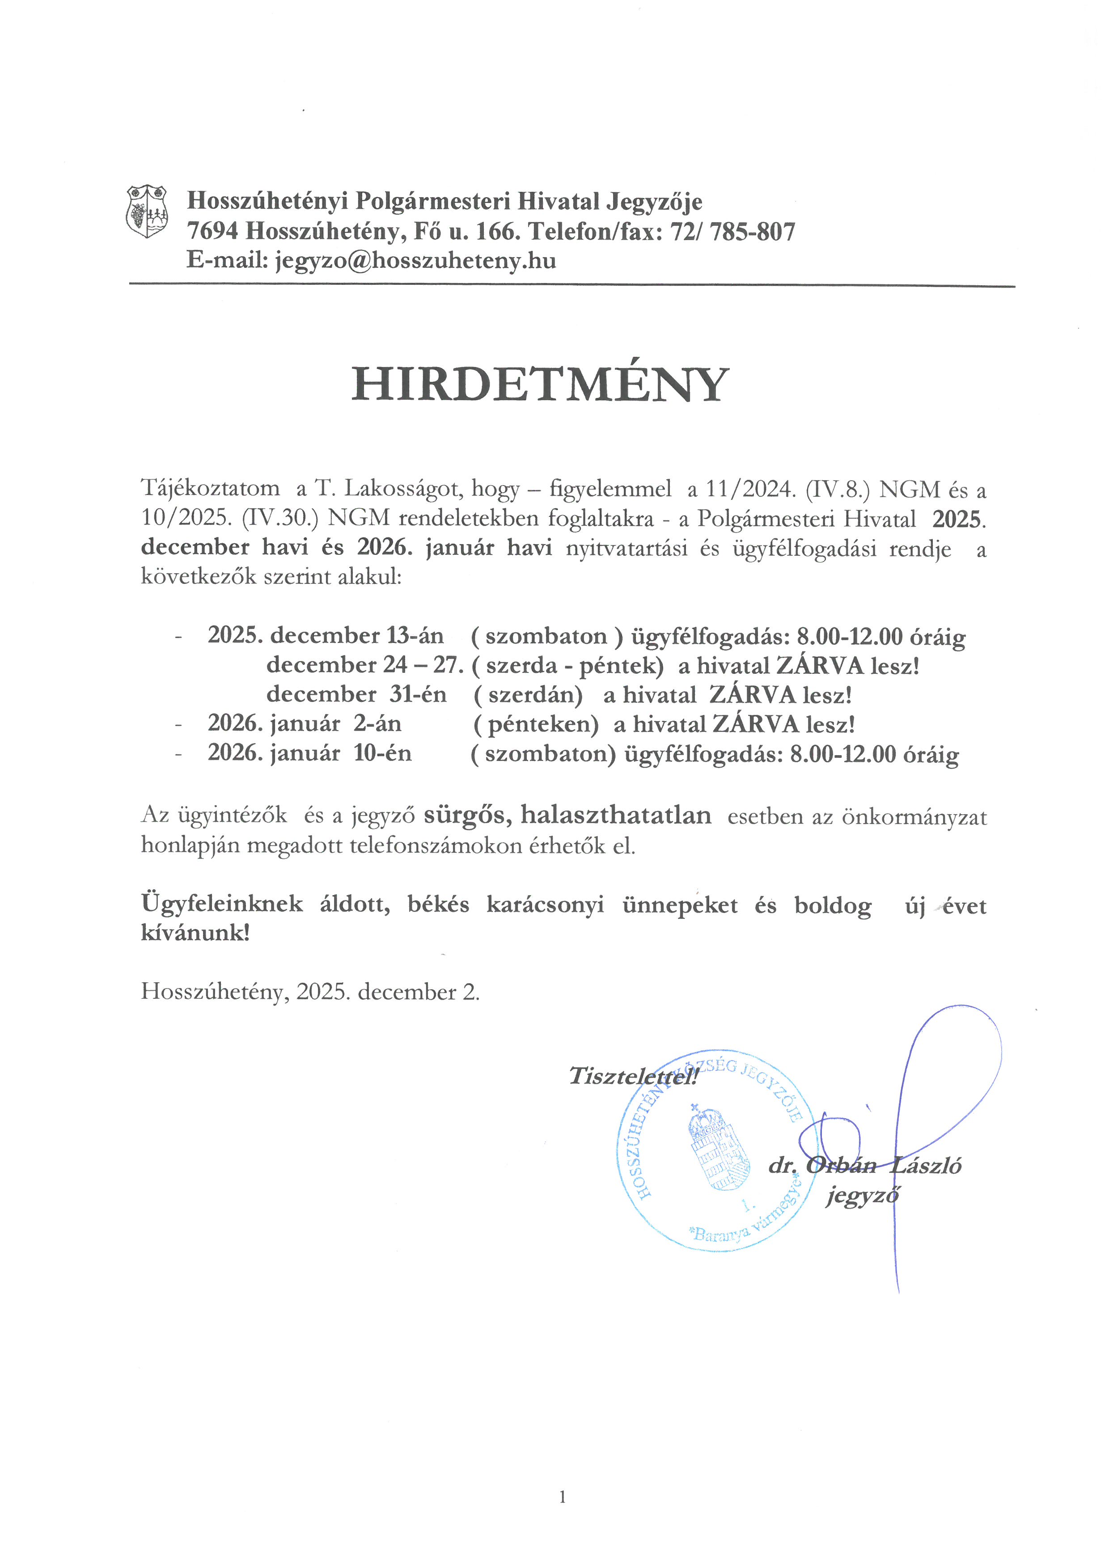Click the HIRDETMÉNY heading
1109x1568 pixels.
[x=540, y=385]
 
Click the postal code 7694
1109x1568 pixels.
[x=212, y=232]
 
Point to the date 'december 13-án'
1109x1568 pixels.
[x=356, y=636]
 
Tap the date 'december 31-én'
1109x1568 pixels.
[x=356, y=694]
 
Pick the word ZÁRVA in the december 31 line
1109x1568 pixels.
[x=753, y=694]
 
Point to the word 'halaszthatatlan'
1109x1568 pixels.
[x=615, y=815]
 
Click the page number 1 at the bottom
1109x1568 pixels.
[x=562, y=1498]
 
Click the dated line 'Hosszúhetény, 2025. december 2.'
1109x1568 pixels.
[x=310, y=992]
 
